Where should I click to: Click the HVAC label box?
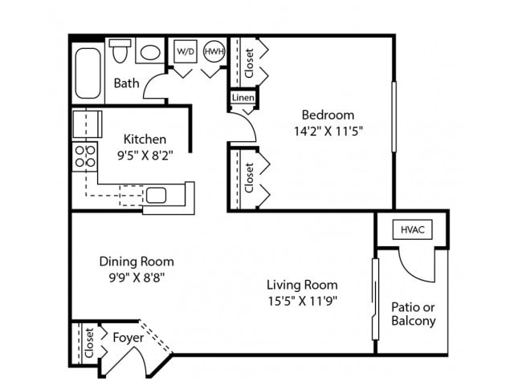(412, 229)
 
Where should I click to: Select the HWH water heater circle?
(214, 51)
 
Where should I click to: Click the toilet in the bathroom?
(120, 51)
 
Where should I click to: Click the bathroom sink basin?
(149, 52)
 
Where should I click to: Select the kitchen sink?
(156, 195)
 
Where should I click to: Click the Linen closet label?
(243, 98)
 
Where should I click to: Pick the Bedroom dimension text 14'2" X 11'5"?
(327, 131)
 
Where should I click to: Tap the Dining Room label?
(137, 261)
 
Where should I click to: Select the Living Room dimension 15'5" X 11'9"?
(302, 302)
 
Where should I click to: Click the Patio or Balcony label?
(414, 314)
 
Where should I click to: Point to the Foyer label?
(128, 338)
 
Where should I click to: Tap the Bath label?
(126, 83)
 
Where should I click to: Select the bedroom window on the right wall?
(393, 116)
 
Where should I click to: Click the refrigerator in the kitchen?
(87, 124)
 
